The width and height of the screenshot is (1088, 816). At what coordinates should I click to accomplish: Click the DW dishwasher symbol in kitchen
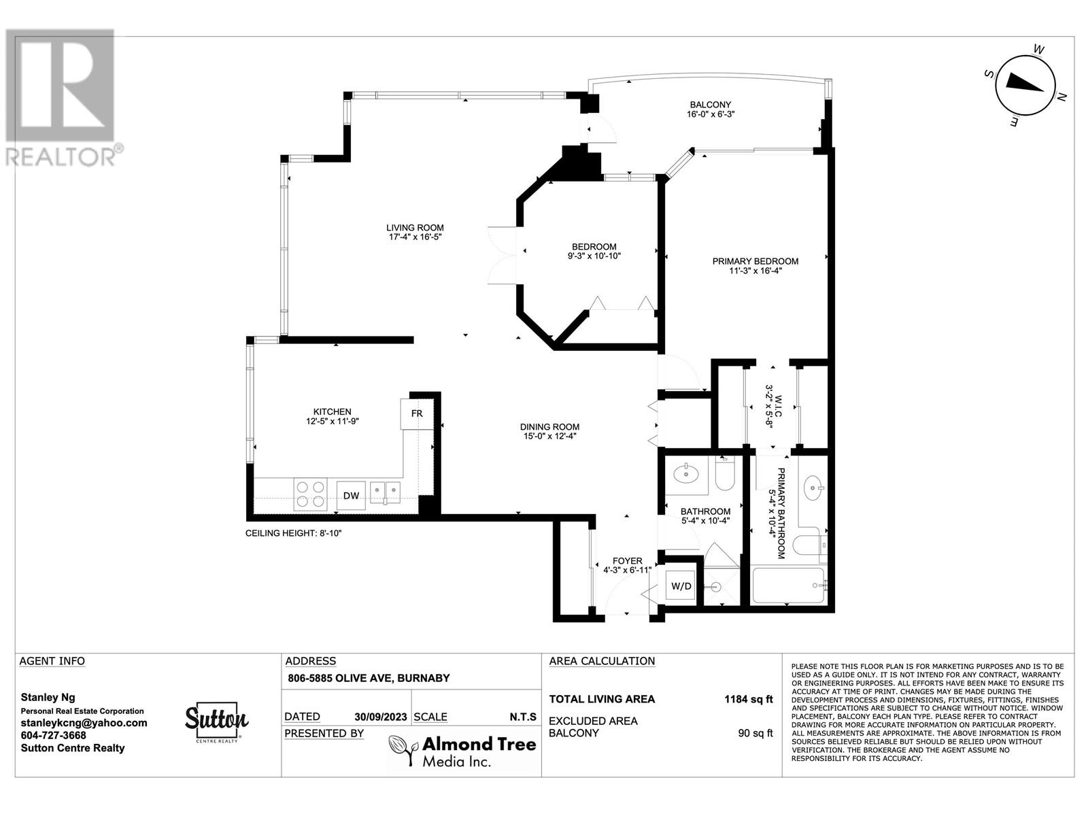tap(351, 495)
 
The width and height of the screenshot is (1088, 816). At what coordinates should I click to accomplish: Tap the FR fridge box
tap(417, 413)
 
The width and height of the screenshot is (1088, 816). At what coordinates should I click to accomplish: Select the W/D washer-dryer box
tap(681, 585)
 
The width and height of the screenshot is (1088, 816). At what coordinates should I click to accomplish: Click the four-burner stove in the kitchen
tap(310, 495)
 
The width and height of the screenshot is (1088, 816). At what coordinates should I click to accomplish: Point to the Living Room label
tap(415, 232)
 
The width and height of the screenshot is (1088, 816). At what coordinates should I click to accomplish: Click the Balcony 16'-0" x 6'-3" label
tap(710, 109)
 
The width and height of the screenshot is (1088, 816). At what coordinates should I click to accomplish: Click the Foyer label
tap(627, 565)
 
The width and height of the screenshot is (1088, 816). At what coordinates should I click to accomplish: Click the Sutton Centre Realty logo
tap(216, 722)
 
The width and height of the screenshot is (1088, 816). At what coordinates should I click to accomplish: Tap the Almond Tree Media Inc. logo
tap(462, 751)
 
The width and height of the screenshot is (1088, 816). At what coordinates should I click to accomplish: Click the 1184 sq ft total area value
tap(748, 699)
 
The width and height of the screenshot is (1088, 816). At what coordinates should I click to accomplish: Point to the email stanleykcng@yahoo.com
tap(84, 723)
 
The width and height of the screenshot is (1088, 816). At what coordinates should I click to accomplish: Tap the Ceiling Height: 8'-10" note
tap(293, 533)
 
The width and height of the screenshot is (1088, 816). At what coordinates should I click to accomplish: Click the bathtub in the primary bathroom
tap(789, 585)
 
